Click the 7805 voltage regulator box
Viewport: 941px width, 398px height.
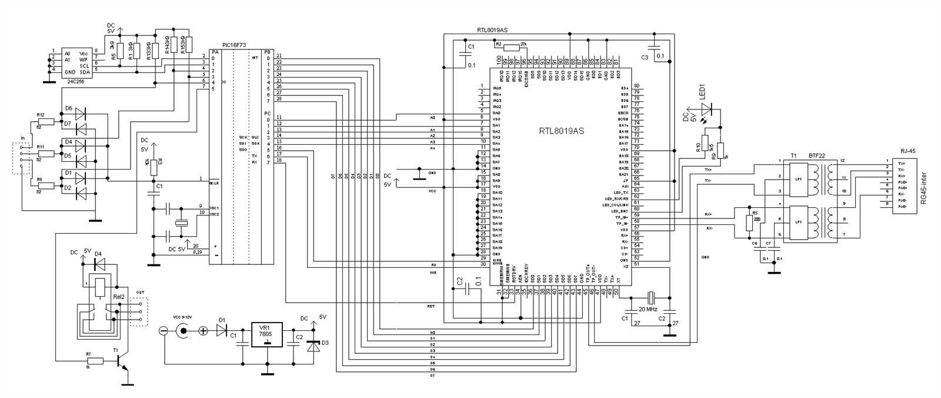[266, 334]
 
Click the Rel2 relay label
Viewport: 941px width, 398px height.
[119, 296]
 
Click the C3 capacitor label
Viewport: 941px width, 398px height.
[645, 57]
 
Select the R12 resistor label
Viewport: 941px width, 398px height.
[40, 115]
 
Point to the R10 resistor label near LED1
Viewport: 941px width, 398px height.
[699, 147]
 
